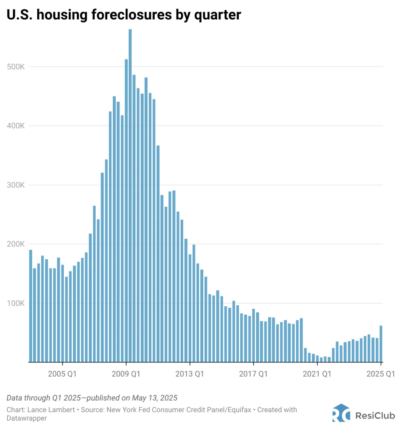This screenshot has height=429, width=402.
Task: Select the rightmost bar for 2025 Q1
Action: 381,344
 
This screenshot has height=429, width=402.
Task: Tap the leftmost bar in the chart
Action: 31,306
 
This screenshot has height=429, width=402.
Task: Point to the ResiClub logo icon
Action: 341,413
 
